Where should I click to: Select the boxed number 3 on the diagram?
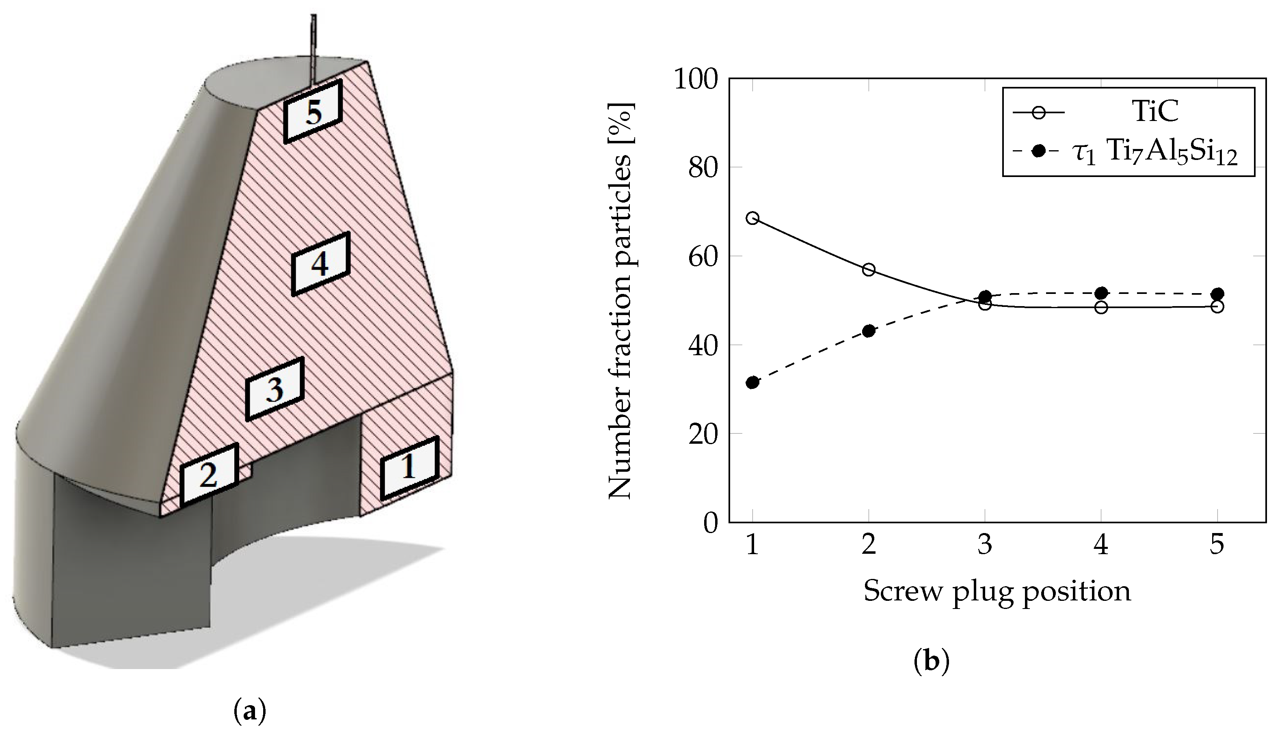pos(275,389)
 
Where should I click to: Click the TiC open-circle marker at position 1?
pos(752,218)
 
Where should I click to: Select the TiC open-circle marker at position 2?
pos(869,269)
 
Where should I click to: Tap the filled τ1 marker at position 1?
pos(752,382)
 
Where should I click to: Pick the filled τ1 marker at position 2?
pos(869,331)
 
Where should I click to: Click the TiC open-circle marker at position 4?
pos(1101,307)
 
